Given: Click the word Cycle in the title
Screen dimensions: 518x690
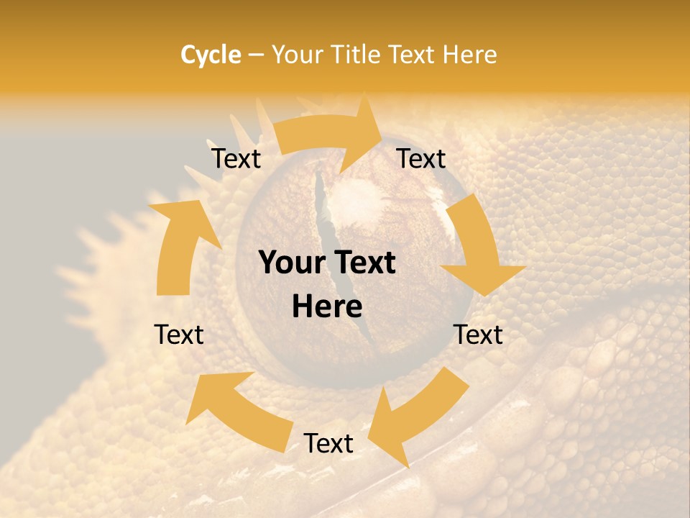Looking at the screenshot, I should point(211,55).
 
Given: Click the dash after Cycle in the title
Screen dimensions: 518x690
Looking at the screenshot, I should point(256,55).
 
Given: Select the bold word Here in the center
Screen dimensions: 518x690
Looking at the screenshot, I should point(327,307).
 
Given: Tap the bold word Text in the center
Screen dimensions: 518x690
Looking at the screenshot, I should point(364,263).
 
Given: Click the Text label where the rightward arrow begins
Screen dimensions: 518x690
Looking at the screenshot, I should point(236,158).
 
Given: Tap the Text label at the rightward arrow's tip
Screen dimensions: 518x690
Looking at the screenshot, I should point(421,158).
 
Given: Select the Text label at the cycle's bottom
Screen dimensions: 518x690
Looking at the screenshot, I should point(328,444).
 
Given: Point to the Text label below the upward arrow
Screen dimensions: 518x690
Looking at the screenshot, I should point(179,335).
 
